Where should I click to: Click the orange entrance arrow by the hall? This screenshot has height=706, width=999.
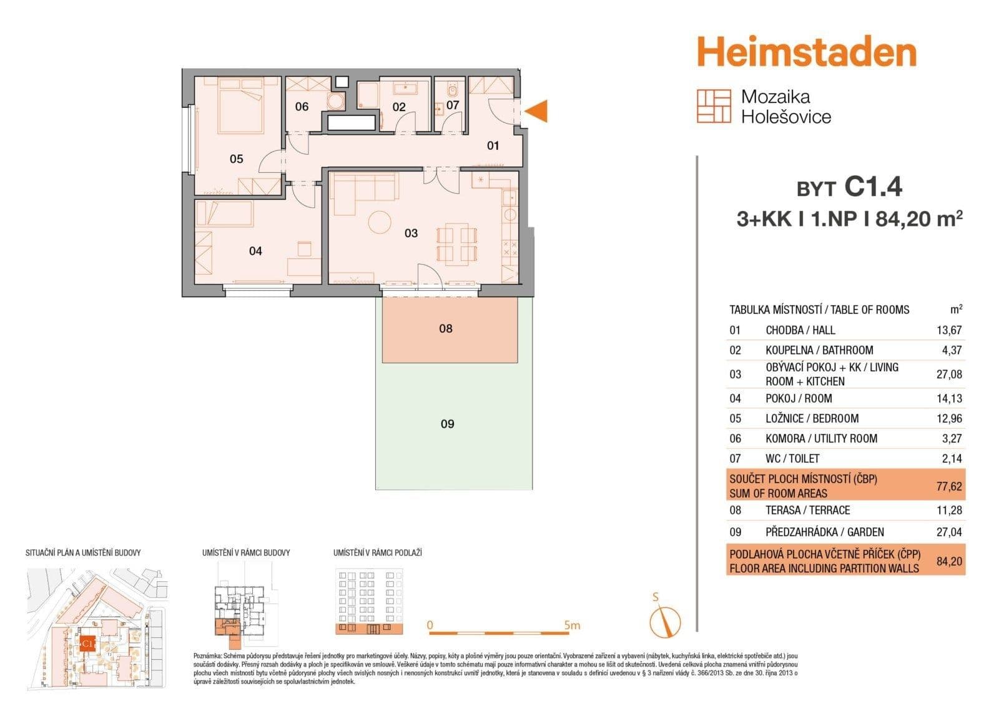537,111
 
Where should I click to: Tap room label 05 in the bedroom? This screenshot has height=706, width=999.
236,159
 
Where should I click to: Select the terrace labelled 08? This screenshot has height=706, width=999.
446,329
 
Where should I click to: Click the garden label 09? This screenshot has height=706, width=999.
447,424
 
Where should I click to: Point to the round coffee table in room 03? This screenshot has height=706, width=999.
379,222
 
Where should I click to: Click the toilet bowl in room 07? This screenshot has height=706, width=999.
451,92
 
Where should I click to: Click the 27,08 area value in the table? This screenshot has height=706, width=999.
949,375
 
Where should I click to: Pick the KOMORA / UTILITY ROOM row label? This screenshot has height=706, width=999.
821,439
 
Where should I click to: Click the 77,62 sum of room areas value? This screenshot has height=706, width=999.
949,486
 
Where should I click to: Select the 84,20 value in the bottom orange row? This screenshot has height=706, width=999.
949,561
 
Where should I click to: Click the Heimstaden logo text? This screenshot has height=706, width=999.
806,52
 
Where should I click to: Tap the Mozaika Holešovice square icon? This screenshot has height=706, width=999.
714,106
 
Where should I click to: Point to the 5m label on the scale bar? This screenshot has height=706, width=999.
571,625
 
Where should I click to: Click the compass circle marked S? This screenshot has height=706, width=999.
665,622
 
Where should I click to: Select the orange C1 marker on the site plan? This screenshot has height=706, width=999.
87,642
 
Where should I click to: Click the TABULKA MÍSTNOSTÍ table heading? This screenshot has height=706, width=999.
819,310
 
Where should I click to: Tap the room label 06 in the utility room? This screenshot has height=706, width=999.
302,107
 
